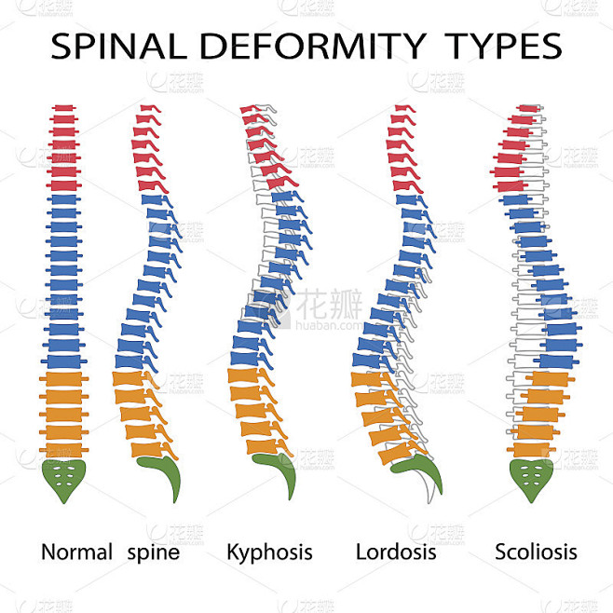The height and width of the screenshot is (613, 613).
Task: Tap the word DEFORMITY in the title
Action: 304,46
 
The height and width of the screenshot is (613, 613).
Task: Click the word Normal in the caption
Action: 76,552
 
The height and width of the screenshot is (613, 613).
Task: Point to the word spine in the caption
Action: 154,552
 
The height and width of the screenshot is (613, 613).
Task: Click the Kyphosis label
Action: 269,552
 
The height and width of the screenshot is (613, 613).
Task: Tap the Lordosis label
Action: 396,552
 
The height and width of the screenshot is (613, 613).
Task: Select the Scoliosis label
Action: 536,552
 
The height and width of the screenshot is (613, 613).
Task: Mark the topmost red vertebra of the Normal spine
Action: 62,110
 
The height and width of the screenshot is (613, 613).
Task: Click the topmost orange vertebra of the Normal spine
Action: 62,379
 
